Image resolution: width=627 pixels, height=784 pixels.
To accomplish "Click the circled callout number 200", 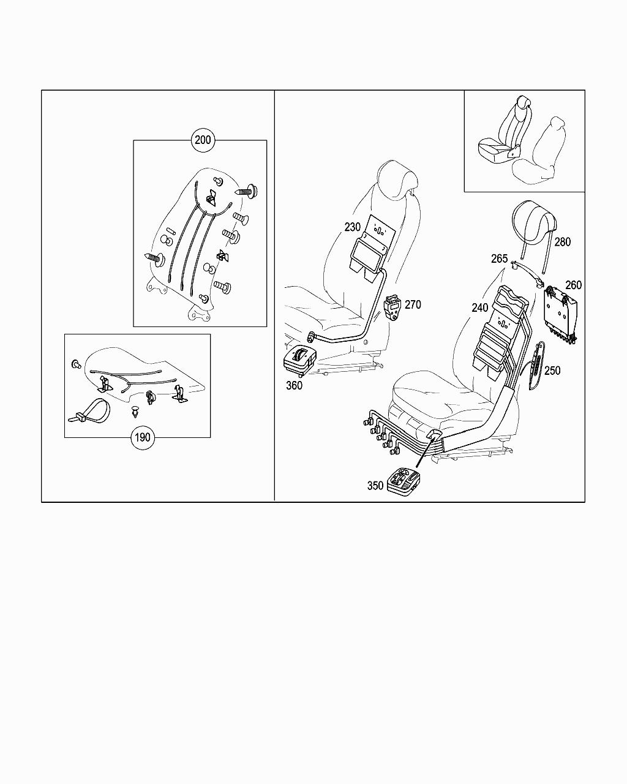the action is coord(203,140).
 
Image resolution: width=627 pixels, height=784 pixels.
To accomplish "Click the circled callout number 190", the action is coord(143,437).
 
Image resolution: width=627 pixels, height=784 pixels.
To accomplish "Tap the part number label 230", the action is coord(352,227).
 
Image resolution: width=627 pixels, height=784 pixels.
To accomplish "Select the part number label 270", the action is coord(413,304).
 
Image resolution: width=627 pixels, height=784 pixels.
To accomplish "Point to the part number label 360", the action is coord(294,385).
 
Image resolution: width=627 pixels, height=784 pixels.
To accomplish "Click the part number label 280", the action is coord(563,242).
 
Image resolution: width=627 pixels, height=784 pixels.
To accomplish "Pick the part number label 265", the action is coord(499,258).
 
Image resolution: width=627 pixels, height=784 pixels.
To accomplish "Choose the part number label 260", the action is coord(574,285).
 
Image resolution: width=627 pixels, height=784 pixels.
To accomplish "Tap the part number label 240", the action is coord(480,308).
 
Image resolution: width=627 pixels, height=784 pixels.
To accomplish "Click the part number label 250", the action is coord(552,371).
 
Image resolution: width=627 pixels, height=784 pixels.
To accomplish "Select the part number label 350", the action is coord(375,486).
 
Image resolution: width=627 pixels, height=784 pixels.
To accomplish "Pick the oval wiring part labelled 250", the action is coord(536,365).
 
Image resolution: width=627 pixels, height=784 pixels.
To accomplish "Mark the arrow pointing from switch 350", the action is coord(426,452).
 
